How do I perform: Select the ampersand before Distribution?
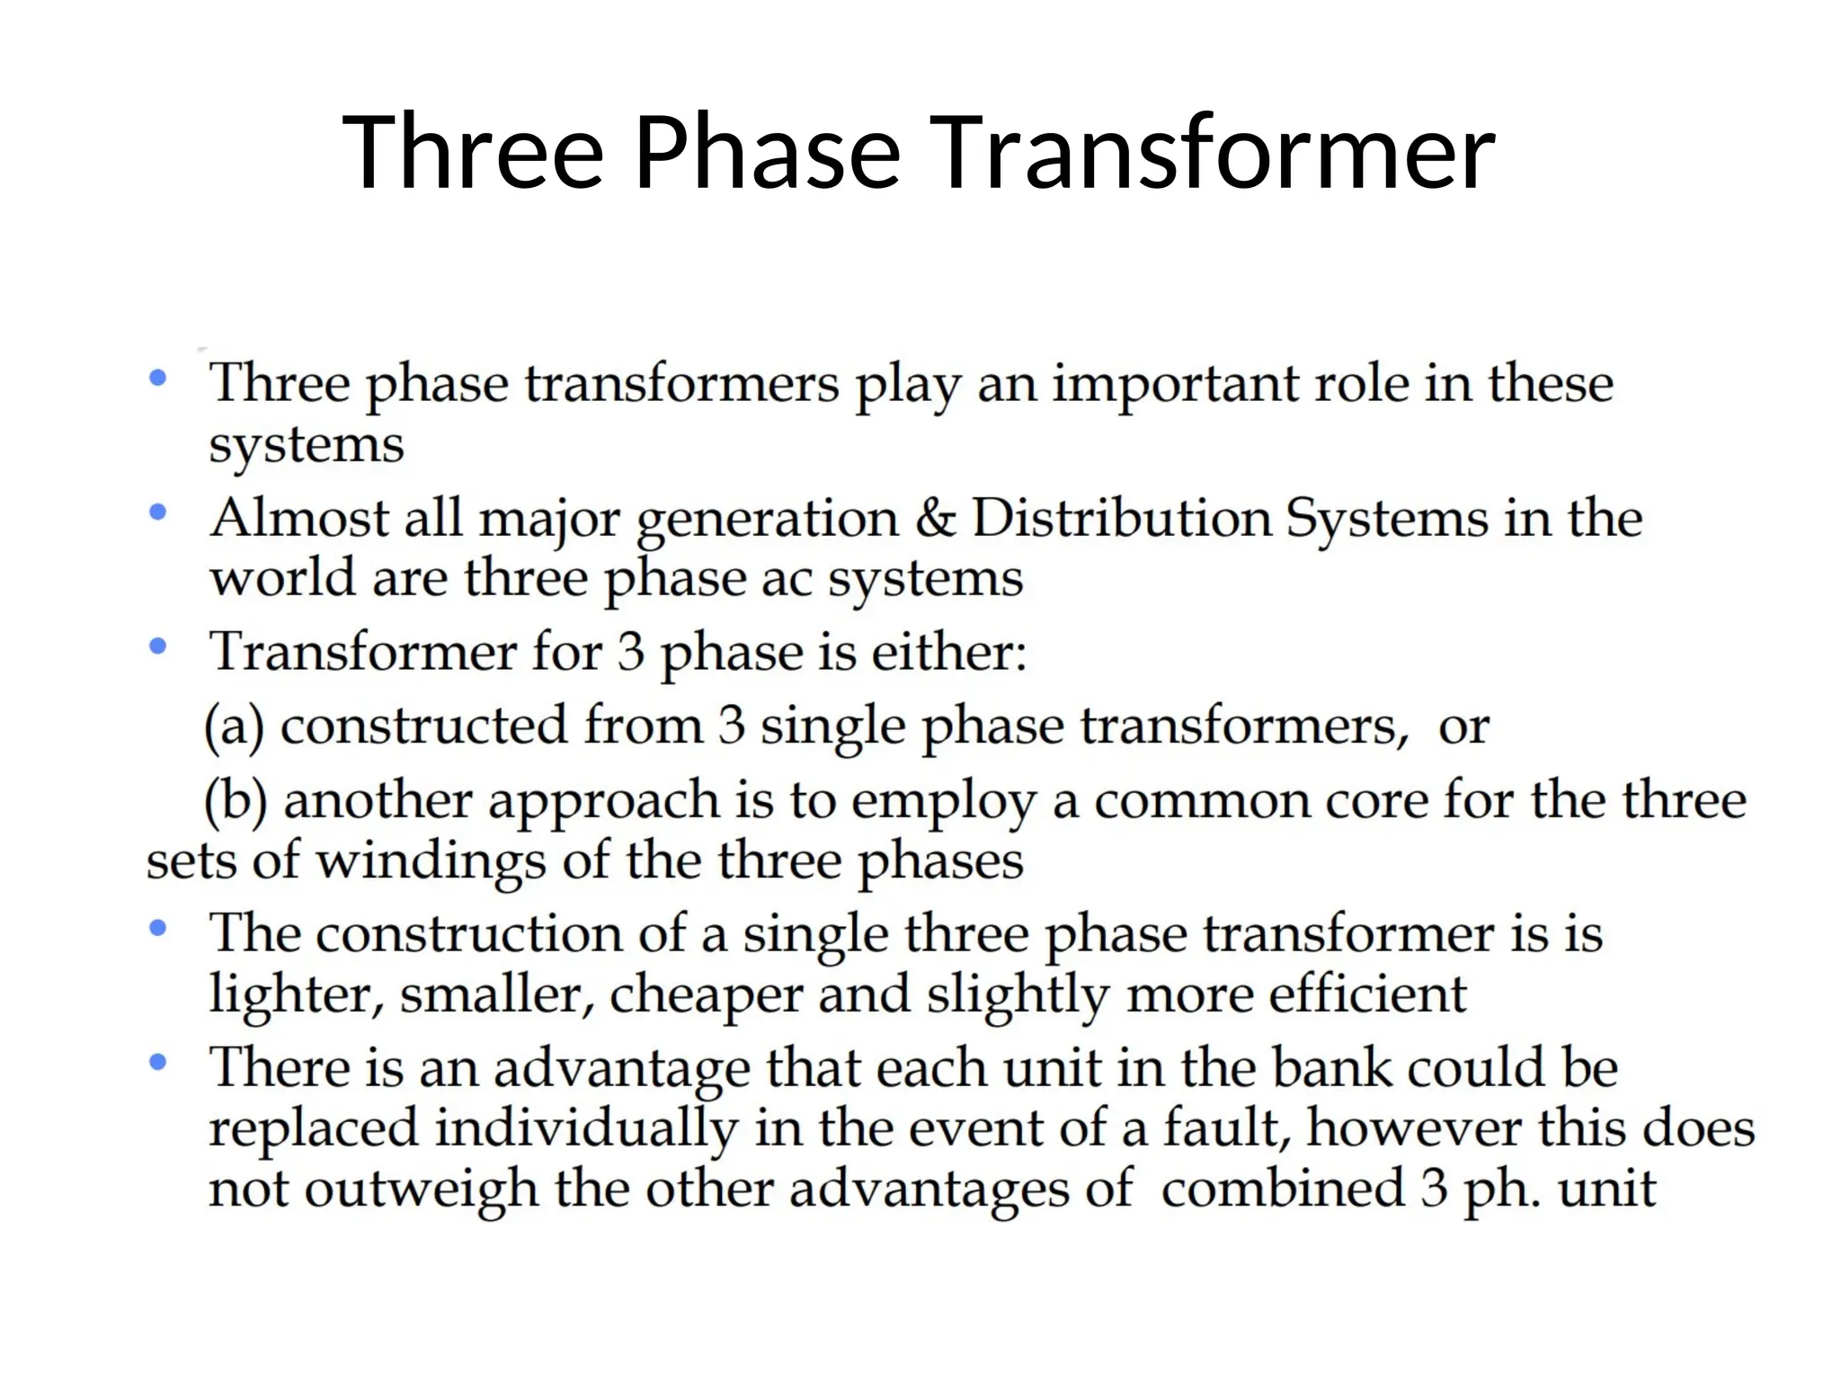[x=935, y=519]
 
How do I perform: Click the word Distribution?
[x=1122, y=519]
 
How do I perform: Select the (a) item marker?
[x=235, y=726]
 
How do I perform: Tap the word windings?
[x=431, y=861]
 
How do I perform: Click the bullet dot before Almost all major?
[x=158, y=512]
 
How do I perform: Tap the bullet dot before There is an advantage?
[x=158, y=1063]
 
